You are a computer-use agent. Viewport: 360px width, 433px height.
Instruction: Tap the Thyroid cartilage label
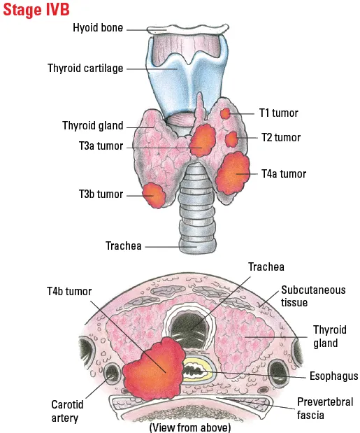85,69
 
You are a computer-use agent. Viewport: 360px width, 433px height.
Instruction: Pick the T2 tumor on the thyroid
231,139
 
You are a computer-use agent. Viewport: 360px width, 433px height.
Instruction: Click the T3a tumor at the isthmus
201,142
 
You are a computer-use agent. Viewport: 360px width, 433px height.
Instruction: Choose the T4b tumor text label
69,291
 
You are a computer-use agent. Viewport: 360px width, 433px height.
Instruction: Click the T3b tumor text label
101,194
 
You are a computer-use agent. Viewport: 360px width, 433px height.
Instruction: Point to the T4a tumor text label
284,174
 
